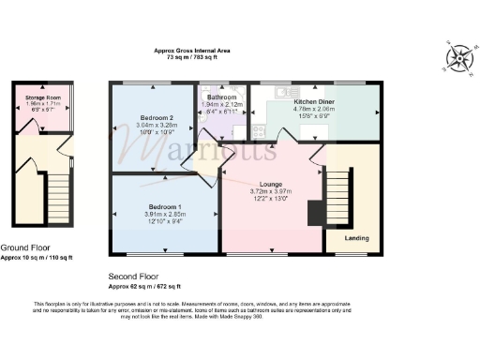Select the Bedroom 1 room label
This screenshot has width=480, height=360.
click(164, 205)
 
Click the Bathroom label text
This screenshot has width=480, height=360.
click(223, 96)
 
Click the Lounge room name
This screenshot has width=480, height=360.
click(273, 184)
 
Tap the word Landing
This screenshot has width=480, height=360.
click(356, 237)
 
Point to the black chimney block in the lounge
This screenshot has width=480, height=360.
click(314, 214)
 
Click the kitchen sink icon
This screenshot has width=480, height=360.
click(284, 93)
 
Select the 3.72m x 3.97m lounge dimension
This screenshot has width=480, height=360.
click(273, 191)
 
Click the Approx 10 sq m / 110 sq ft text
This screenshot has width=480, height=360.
click(37, 256)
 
